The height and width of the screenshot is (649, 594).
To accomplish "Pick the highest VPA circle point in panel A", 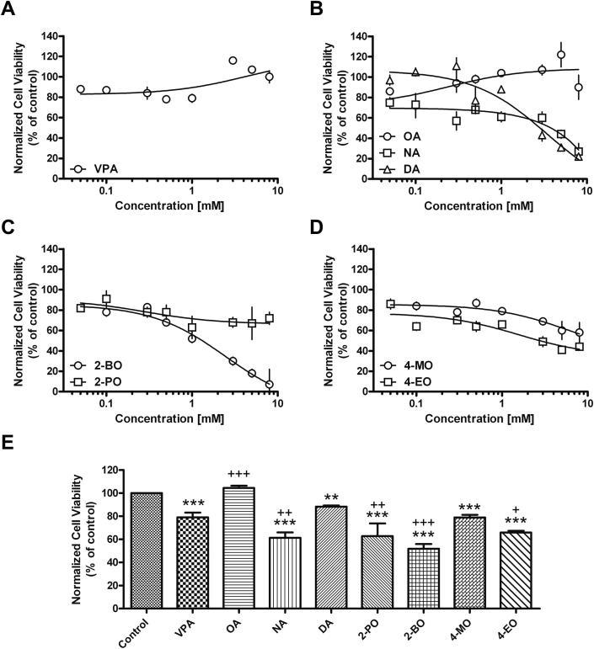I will click(233, 61).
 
